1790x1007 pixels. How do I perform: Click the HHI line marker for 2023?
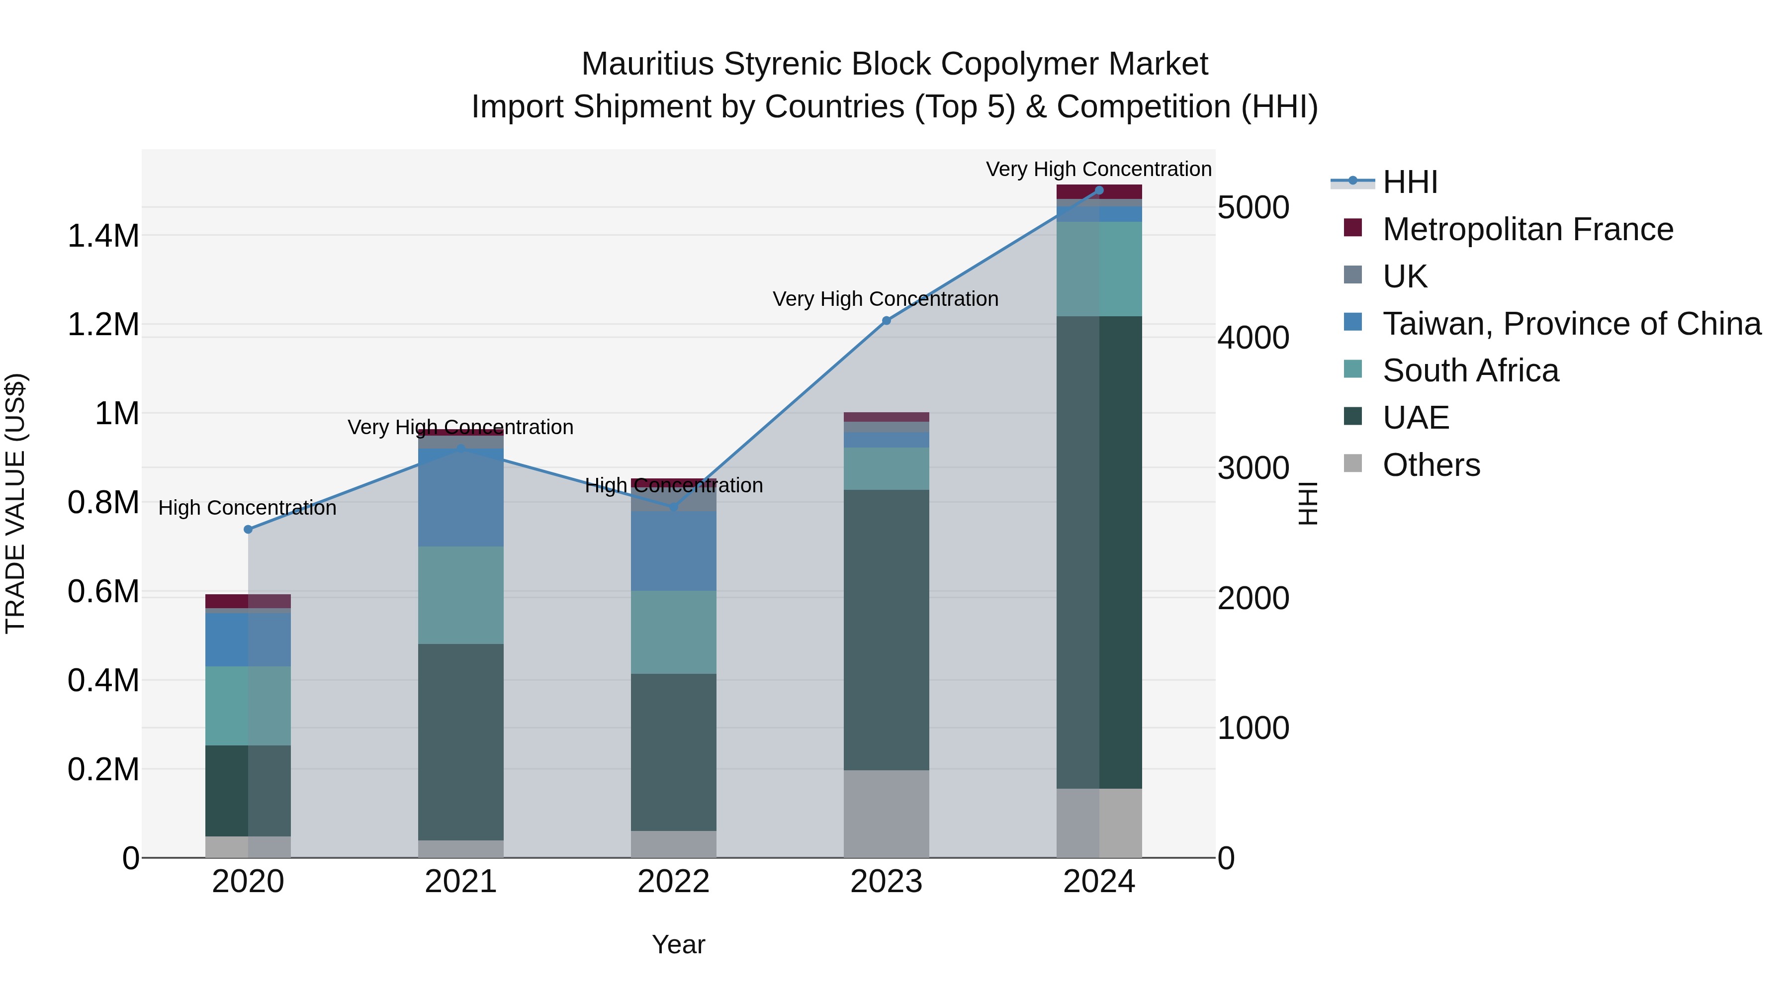tap(886, 320)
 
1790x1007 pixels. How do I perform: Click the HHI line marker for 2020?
tap(248, 530)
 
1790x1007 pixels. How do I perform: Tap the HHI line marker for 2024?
tap(1098, 190)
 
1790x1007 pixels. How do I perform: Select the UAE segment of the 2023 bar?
tap(886, 629)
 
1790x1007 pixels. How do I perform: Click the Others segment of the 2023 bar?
tap(886, 813)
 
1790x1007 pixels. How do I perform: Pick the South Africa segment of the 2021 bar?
tap(461, 595)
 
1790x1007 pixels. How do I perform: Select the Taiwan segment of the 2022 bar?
tap(673, 551)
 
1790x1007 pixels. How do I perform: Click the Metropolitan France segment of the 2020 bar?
tap(248, 601)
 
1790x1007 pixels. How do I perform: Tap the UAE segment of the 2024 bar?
tap(1098, 552)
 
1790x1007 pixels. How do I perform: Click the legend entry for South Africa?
tap(1470, 370)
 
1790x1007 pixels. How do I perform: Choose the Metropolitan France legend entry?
tap(1527, 229)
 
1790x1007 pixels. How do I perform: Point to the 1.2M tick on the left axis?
tap(103, 325)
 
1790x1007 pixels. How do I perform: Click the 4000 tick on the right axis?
tap(1253, 338)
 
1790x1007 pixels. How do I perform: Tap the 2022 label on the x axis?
tap(673, 882)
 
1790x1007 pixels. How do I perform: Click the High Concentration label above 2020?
tap(248, 508)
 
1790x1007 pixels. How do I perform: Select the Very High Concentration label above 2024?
tap(1098, 169)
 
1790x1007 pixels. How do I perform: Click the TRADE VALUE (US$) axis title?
tap(15, 503)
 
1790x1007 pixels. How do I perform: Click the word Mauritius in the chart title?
tap(647, 64)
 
